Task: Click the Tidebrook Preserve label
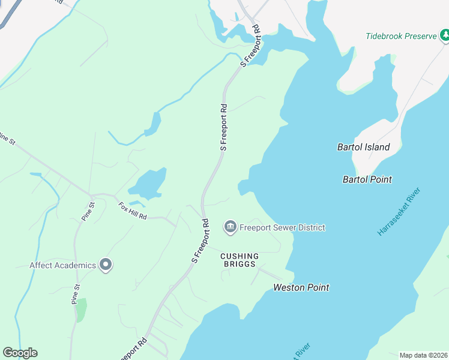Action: coord(401,36)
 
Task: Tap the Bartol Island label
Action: coord(364,147)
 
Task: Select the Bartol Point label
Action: coord(367,179)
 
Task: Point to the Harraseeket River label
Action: coord(399,212)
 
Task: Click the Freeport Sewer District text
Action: coord(282,227)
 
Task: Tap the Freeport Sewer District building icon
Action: coord(229,227)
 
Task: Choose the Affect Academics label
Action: coord(63,265)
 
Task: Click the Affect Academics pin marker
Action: coord(106,265)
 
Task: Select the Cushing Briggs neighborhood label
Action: coord(239,260)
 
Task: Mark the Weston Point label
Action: coord(301,287)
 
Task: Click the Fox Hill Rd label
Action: coord(133,210)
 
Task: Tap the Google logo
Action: coord(20,353)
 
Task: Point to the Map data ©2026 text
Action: coord(423,355)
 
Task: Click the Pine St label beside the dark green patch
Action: coord(75,293)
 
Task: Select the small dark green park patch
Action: coord(81,309)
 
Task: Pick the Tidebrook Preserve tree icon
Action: coord(445,36)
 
